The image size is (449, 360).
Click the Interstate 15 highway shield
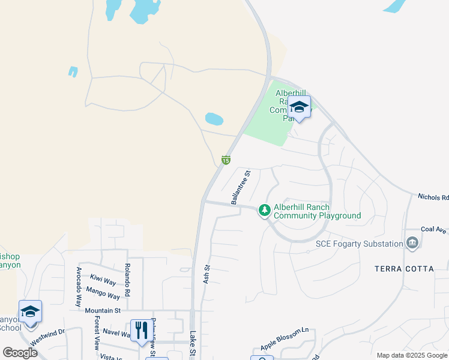click(x=226, y=160)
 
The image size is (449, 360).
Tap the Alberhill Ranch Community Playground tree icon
click(x=264, y=210)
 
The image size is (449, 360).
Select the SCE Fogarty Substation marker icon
click(x=412, y=243)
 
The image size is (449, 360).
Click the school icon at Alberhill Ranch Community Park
click(x=299, y=108)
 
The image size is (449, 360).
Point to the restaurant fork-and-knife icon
click(x=141, y=331)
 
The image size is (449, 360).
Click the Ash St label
click(x=207, y=274)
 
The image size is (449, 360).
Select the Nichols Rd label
click(x=433, y=197)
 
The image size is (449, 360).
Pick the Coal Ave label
click(x=434, y=229)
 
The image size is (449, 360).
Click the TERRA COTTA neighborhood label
click(x=404, y=269)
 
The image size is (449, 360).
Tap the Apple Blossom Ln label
click(x=284, y=339)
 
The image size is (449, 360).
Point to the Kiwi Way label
click(x=103, y=280)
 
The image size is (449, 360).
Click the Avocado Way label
click(x=79, y=287)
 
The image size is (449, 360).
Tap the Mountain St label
click(x=103, y=310)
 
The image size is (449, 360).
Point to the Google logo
click(x=20, y=353)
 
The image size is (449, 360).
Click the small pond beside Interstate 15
click(x=214, y=119)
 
